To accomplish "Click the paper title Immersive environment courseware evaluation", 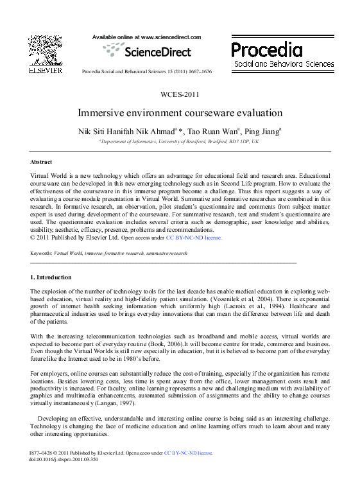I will click(x=180, y=113).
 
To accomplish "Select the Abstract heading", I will click(x=41, y=162).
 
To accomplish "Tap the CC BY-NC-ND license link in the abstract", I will click(x=194, y=238).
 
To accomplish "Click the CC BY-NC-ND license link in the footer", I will click(x=188, y=453).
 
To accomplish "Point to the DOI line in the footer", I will click(x=64, y=460).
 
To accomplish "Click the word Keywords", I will click(x=41, y=254).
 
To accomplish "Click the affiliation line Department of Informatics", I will click(x=180, y=141).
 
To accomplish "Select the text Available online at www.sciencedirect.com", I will click(x=146, y=38).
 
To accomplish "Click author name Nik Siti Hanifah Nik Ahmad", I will click(x=131, y=130).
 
